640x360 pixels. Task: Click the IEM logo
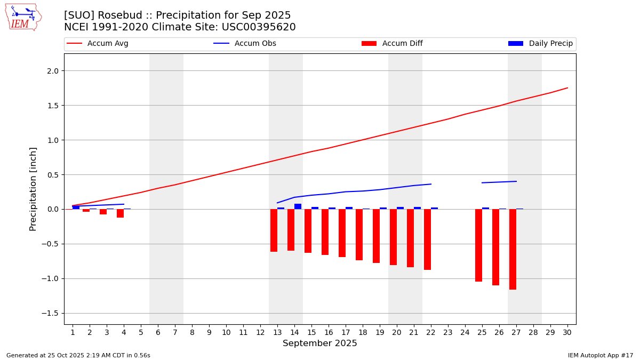point(23,17)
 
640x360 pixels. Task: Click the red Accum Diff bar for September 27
point(513,249)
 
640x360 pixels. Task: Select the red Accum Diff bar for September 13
point(274,230)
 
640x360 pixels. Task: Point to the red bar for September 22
point(427,239)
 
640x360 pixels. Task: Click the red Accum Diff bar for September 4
point(120,213)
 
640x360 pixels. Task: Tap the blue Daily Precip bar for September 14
point(298,206)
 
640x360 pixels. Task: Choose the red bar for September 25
point(478,245)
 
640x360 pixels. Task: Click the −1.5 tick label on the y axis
point(52,313)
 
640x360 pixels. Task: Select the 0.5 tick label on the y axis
point(54,175)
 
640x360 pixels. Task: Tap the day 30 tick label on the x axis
point(567,332)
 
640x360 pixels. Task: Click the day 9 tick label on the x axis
point(209,332)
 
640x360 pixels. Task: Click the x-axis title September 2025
point(320,343)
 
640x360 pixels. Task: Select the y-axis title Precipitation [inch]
point(33,189)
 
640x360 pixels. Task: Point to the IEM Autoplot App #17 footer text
point(601,355)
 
